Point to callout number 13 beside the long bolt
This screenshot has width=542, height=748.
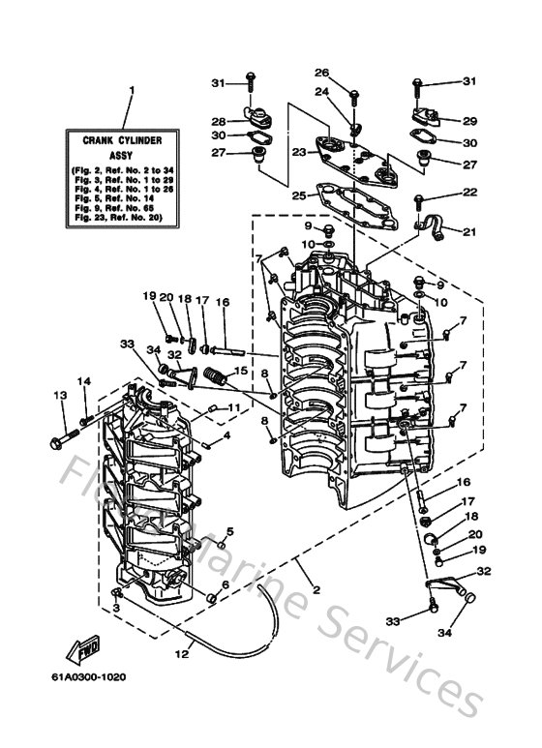[x=59, y=395]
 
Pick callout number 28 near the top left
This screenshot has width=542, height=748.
[x=219, y=122]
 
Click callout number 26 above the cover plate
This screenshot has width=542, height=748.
[x=321, y=72]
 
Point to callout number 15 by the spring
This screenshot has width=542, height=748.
[x=240, y=370]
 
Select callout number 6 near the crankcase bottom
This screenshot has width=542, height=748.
[x=225, y=584]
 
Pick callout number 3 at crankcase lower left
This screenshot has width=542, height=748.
[x=116, y=608]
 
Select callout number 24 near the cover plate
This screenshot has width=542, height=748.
[x=321, y=93]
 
